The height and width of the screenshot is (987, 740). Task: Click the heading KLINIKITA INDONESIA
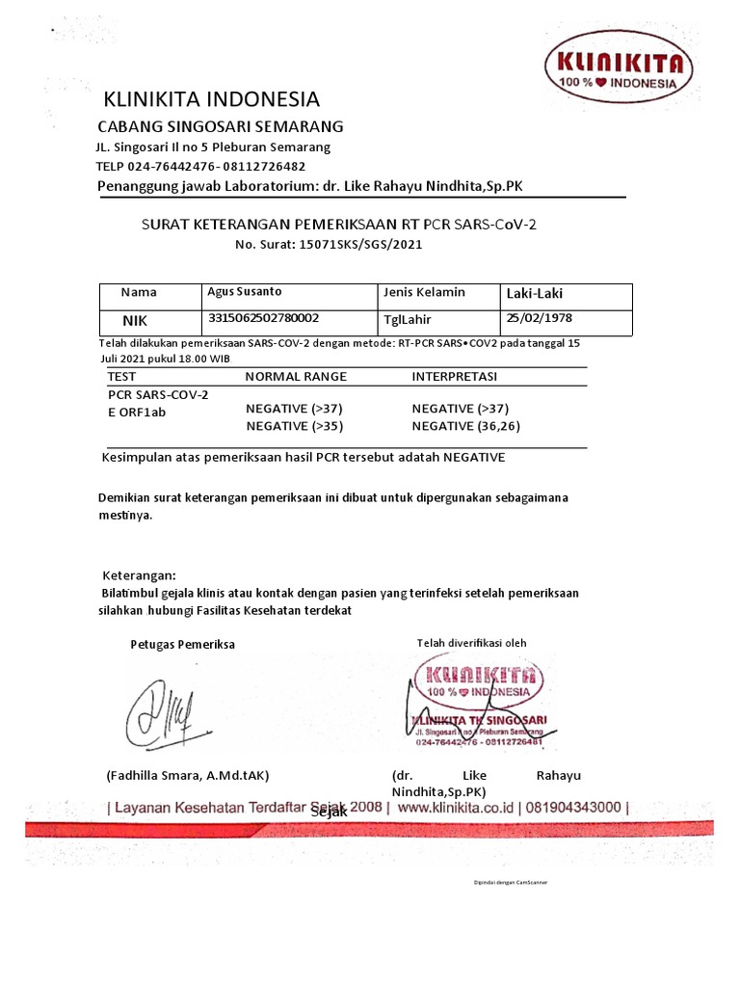click(212, 99)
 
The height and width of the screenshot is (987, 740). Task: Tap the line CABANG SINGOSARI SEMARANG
click(221, 127)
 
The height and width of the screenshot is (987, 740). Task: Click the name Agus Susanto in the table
click(245, 291)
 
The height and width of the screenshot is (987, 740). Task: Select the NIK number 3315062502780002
click(264, 316)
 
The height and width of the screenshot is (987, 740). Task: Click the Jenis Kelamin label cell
click(424, 292)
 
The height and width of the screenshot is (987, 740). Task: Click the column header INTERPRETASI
click(455, 376)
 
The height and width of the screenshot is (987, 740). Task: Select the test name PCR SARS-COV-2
click(157, 394)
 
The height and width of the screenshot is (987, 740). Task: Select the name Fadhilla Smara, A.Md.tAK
click(188, 776)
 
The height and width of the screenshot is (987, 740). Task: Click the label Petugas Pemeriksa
click(182, 644)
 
